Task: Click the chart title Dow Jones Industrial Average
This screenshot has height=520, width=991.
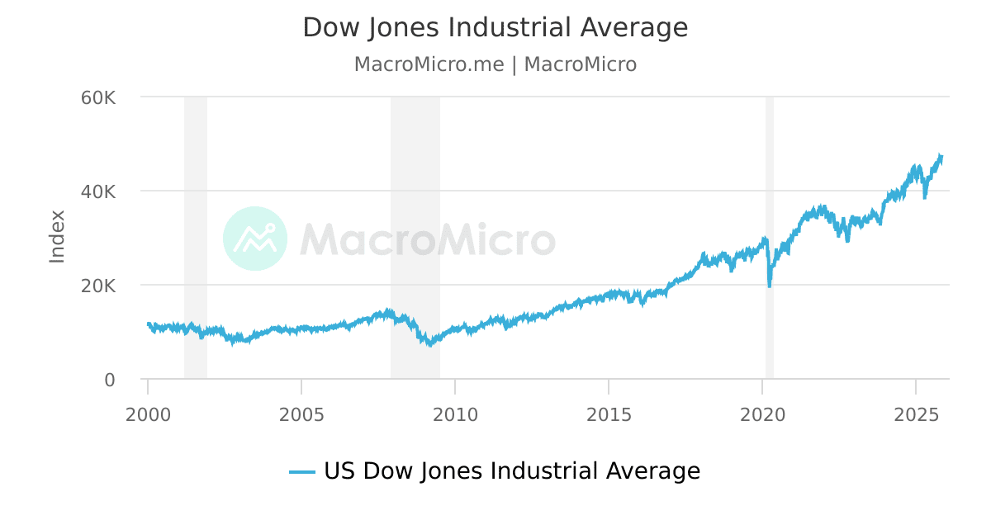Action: click(495, 27)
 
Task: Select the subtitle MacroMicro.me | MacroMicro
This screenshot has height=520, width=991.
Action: click(495, 64)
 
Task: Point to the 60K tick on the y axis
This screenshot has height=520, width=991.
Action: click(98, 97)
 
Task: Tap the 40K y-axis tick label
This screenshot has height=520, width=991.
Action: click(98, 191)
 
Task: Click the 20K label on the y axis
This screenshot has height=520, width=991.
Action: click(98, 286)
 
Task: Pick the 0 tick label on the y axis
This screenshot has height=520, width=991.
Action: click(109, 380)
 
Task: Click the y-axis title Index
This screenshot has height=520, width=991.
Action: click(57, 237)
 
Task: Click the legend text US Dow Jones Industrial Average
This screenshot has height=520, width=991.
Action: click(511, 471)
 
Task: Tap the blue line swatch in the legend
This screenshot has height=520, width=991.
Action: click(302, 472)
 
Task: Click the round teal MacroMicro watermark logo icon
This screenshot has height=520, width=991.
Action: click(255, 239)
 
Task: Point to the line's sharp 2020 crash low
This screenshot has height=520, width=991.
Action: click(770, 286)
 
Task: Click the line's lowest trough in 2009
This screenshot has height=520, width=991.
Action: click(429, 345)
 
